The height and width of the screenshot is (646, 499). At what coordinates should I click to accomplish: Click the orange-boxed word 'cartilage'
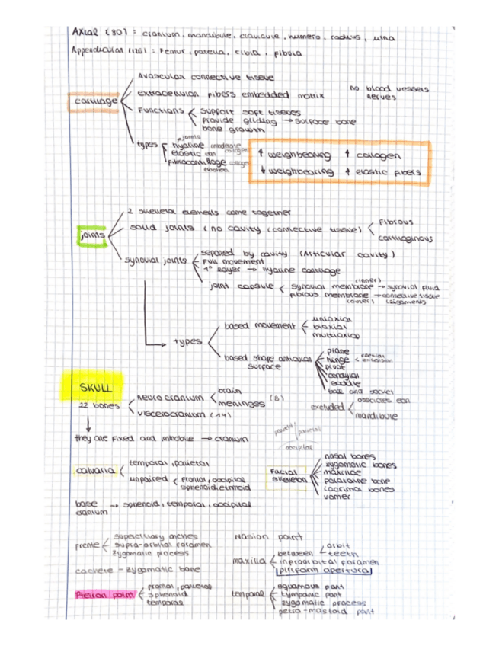pos(94,101)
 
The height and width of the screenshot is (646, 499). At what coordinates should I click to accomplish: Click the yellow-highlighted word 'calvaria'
pos(94,470)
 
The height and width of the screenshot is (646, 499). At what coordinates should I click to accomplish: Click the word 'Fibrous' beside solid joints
pos(395,222)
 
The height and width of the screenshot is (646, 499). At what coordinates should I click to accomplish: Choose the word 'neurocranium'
pos(171,398)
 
